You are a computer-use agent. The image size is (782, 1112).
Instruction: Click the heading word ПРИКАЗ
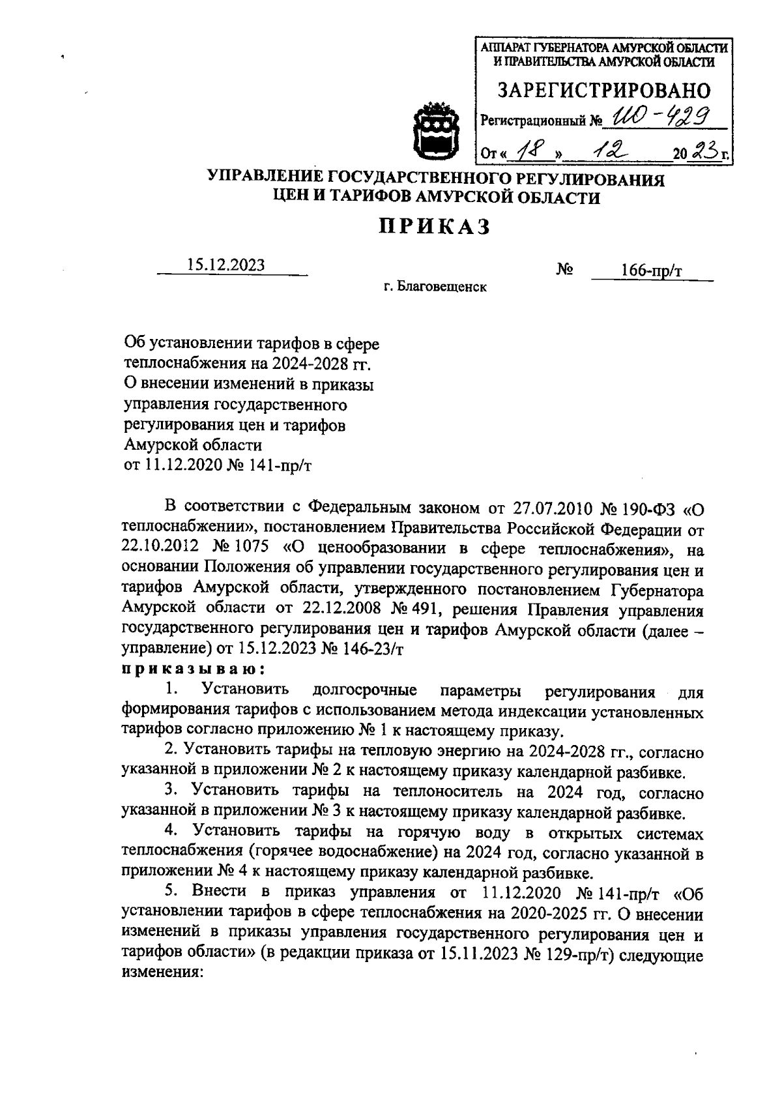435,227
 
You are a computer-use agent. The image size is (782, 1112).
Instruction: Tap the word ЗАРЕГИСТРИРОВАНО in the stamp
604,91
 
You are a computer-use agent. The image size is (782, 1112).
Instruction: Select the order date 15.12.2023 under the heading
226,265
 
